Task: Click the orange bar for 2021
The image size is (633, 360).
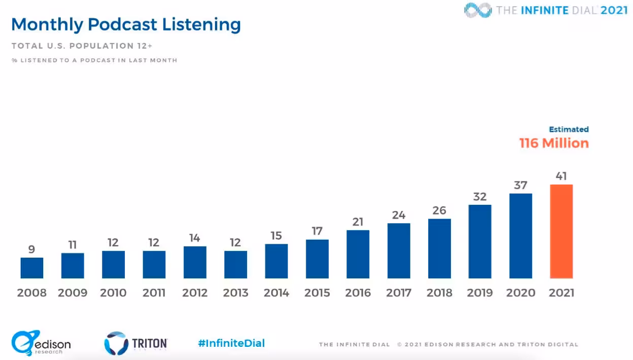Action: click(561, 231)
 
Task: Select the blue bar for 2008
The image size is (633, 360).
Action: click(32, 268)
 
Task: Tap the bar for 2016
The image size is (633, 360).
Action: click(358, 254)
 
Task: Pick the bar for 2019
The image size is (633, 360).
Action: click(480, 241)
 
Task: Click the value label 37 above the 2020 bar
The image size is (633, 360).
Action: click(520, 185)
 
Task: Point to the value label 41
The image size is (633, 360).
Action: click(561, 176)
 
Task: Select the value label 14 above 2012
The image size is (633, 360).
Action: click(195, 238)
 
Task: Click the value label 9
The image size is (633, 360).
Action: click(32, 249)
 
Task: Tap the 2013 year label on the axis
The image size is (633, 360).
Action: click(235, 293)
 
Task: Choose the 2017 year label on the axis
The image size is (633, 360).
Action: click(398, 293)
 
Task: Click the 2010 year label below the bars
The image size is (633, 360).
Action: click(113, 293)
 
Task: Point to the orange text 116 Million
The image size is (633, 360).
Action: click(554, 143)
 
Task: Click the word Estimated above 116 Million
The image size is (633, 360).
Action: click(569, 129)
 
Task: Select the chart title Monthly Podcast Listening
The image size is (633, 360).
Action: click(126, 24)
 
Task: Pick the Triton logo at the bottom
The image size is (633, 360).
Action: click(135, 343)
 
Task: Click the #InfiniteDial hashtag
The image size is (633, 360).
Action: click(231, 343)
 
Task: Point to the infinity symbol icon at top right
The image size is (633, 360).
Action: click(477, 10)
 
